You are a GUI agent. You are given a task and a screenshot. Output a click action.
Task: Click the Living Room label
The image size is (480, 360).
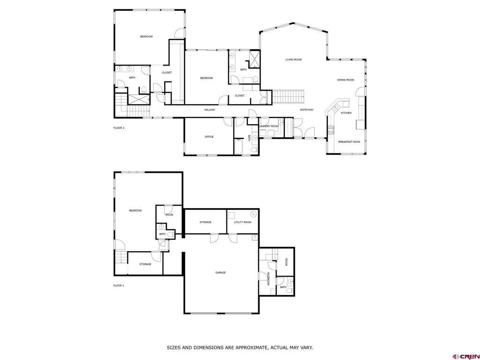click(293, 60)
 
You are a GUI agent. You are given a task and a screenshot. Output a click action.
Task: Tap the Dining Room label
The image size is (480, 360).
click(345, 80)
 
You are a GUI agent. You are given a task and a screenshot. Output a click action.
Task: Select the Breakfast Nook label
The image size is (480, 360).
click(349, 142)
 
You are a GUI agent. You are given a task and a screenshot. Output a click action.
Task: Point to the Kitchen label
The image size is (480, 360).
click(346, 113)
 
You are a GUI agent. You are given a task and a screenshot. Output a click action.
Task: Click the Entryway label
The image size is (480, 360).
click(307, 110)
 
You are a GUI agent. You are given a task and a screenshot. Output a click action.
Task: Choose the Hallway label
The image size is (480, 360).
click(210, 110)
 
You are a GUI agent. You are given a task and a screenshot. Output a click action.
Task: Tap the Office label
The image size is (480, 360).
click(209, 137)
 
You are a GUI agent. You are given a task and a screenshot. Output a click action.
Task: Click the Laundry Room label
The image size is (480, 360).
click(269, 126)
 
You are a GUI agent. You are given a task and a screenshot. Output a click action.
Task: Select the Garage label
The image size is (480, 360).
click(220, 272)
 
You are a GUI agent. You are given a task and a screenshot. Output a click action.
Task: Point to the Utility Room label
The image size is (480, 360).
click(242, 222)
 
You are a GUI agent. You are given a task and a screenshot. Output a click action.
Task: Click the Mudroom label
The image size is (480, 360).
click(268, 278)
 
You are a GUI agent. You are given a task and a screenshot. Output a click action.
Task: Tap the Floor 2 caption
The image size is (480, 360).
click(119, 128)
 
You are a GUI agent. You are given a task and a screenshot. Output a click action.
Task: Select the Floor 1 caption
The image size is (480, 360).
click(119, 285)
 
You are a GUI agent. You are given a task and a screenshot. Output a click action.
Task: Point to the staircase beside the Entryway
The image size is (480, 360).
click(288, 97)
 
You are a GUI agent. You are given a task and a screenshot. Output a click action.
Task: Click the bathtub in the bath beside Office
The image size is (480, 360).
click(239, 147)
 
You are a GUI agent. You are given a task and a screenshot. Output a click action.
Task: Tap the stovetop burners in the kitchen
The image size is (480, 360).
click(331, 130)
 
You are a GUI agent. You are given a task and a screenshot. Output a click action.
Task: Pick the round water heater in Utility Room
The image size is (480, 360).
click(254, 214)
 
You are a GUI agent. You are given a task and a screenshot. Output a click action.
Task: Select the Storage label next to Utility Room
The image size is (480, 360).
click(205, 222)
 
